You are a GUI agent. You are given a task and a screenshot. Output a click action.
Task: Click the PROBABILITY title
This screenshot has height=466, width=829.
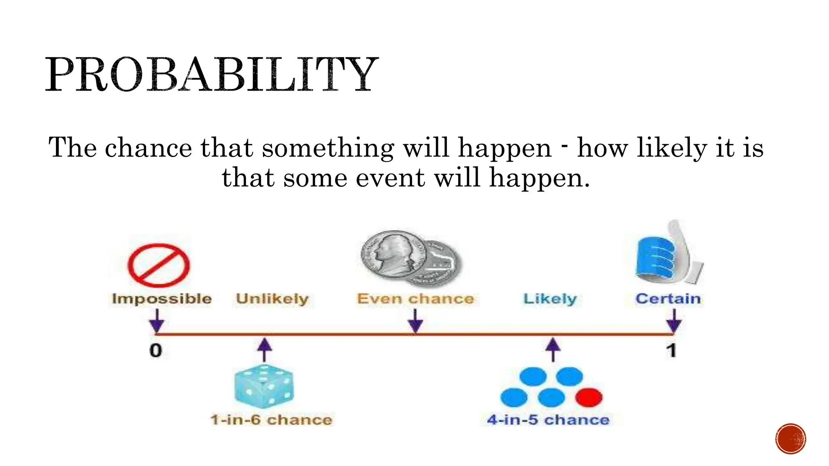click(211, 74)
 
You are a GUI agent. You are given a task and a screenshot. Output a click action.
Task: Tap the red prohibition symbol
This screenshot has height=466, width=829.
click(159, 265)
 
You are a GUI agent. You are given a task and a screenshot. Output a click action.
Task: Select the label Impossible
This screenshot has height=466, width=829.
click(162, 299)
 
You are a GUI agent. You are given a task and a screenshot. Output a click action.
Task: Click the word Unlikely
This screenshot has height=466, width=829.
click(272, 299)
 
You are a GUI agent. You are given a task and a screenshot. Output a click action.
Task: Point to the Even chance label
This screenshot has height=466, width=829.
click(415, 299)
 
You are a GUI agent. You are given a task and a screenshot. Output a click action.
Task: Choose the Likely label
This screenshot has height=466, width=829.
click(550, 299)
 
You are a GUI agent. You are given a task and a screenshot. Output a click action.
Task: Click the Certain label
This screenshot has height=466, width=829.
click(668, 299)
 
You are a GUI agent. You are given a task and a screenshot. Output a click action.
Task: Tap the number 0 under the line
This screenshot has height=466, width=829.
click(156, 350)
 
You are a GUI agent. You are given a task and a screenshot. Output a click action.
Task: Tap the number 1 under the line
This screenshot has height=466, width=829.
click(672, 350)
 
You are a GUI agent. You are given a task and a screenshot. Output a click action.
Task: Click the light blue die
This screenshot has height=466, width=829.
click(264, 386)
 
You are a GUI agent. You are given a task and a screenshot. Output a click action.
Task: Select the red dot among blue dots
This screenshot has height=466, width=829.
click(589, 397)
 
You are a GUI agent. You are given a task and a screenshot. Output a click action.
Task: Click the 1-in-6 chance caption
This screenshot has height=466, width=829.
click(271, 419)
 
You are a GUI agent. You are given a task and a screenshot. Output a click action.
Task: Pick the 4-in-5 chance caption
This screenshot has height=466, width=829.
click(548, 419)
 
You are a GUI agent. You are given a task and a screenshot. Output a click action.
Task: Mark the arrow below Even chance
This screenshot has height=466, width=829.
click(415, 322)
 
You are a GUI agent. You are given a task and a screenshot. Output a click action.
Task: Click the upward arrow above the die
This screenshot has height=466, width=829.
click(265, 349)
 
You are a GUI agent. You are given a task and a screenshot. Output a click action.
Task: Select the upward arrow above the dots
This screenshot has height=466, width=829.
click(553, 349)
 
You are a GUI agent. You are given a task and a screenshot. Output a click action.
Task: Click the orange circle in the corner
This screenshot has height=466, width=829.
click(791, 439)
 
